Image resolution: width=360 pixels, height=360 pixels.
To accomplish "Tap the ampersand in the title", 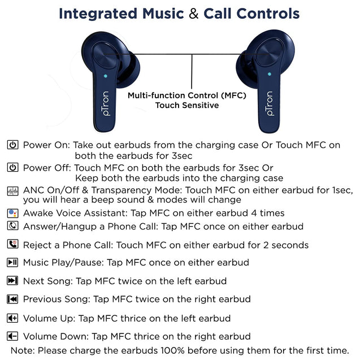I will pyautogui.click(x=194, y=13).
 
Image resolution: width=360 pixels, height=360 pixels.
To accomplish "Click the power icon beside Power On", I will pyautogui.click(x=12, y=145).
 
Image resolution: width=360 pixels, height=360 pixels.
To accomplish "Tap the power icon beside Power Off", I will pyautogui.click(x=12, y=167).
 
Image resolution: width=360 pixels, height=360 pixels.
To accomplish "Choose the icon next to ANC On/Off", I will pyautogui.click(x=12, y=190).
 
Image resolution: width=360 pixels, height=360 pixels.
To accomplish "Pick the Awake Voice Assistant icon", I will pyautogui.click(x=12, y=213).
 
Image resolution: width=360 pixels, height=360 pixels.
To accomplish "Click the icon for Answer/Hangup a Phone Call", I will pyautogui.click(x=12, y=226).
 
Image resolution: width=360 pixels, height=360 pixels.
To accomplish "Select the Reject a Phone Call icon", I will pyautogui.click(x=12, y=245).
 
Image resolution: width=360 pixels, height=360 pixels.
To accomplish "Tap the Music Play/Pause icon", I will pyautogui.click(x=12, y=262).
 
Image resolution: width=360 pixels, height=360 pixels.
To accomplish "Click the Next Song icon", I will pyautogui.click(x=12, y=281).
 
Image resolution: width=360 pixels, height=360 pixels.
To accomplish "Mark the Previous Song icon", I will pyautogui.click(x=12, y=299).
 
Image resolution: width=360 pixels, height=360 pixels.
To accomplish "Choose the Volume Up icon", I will pyautogui.click(x=12, y=318).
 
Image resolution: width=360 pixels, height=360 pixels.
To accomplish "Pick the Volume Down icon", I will pyautogui.click(x=12, y=336).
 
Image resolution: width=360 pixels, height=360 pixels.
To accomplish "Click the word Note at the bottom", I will pyautogui.click(x=22, y=350).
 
